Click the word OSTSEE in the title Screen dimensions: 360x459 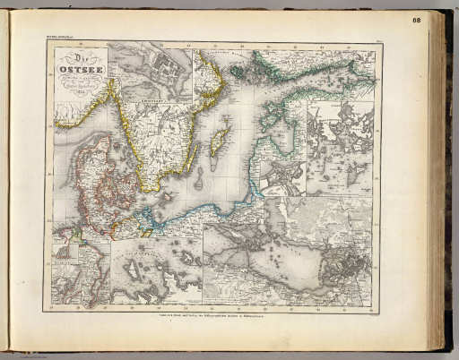[x=81, y=73]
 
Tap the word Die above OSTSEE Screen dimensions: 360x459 [x=78, y=58]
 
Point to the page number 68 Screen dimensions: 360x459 [x=442, y=20]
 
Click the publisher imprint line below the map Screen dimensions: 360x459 [x=212, y=317]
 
